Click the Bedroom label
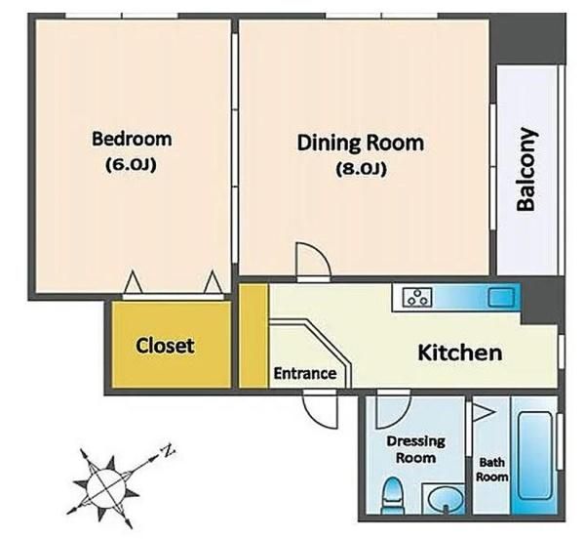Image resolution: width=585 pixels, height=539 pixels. click(x=132, y=139)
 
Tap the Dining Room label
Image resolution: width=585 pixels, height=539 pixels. click(x=361, y=144)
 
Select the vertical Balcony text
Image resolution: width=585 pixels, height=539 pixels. click(x=526, y=170)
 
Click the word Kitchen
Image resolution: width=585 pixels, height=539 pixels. click(x=459, y=352)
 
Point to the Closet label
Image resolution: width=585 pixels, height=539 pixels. click(x=165, y=346)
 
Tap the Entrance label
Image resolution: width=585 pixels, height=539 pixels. click(x=305, y=373)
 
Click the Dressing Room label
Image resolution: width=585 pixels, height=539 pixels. click(x=416, y=449)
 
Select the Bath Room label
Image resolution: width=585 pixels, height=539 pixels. click(x=491, y=470)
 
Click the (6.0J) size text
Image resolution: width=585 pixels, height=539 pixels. click(x=131, y=164)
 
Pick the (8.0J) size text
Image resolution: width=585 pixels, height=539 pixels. click(x=361, y=169)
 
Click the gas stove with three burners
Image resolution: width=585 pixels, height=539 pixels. click(x=417, y=297)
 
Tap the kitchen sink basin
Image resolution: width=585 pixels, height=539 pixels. click(x=501, y=298)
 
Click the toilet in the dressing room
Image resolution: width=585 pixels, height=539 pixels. click(x=392, y=495)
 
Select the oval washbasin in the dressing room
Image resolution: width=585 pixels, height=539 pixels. click(x=446, y=499)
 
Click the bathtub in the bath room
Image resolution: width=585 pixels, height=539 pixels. click(x=535, y=455)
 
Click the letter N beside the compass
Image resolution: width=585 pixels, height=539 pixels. click(x=168, y=451)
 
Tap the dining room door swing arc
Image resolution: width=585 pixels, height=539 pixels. click(x=320, y=254)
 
